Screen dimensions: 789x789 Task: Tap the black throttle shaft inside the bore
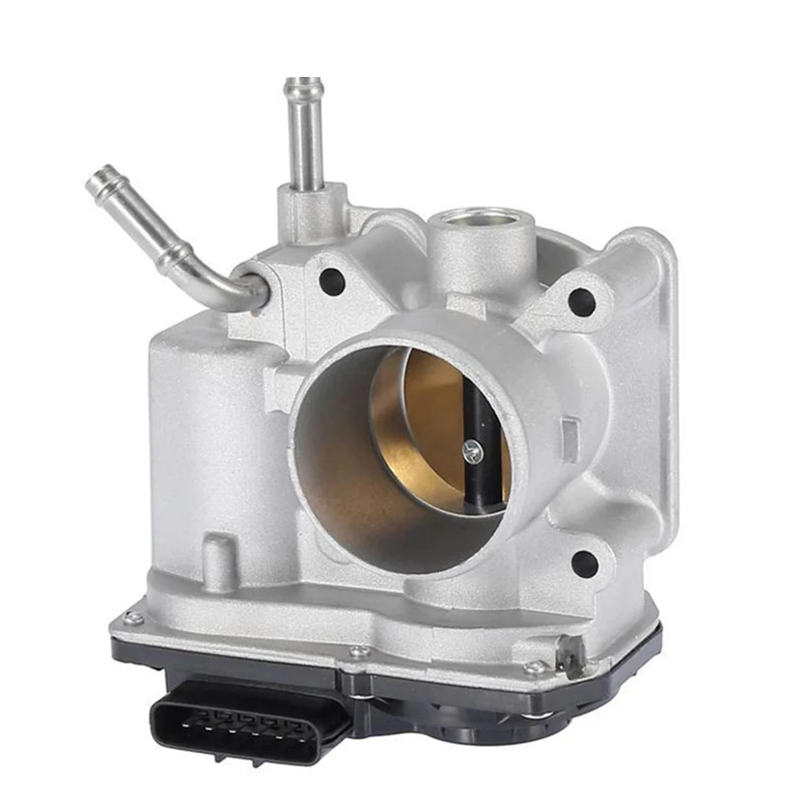coord(475,408)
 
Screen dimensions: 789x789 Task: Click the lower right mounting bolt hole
coord(585,563)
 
